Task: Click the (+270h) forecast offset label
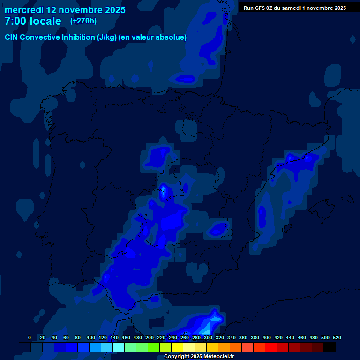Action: pos(83,21)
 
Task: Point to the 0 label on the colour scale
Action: pos(30,337)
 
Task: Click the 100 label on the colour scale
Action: pos(91,337)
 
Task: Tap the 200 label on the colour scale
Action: pos(150,337)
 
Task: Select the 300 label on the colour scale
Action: pos(208,337)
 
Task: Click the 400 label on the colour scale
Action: pos(267,337)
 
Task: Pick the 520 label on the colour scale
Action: pos(337,337)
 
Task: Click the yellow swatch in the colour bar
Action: pos(177,347)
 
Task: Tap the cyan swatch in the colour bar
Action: pos(119,347)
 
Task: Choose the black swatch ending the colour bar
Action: pos(330,347)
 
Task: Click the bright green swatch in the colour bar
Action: pos(154,347)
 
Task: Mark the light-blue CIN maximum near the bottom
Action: pos(215,320)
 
